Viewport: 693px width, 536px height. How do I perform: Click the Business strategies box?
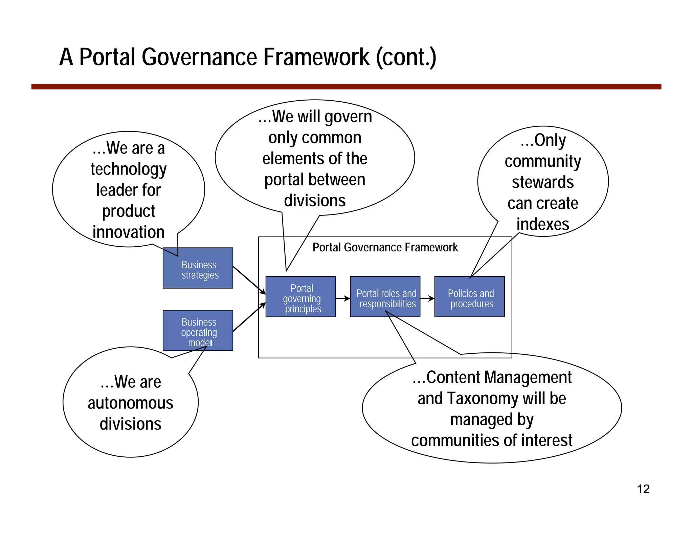point(198,268)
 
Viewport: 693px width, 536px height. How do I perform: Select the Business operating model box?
point(198,331)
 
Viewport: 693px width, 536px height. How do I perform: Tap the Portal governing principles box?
point(301,297)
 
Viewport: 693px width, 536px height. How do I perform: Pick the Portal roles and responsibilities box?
point(385,297)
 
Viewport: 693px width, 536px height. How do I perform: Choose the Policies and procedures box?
point(470,297)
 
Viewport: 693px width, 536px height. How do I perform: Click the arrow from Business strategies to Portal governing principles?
point(249,280)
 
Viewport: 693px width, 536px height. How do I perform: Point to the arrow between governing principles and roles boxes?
point(342,298)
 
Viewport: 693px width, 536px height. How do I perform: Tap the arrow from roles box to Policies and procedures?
point(427,298)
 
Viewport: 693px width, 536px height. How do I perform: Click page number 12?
point(643,489)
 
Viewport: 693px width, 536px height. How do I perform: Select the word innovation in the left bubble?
point(129,232)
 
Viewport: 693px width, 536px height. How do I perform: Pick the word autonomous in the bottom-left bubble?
point(131,403)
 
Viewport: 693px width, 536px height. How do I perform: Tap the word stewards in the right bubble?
point(543,182)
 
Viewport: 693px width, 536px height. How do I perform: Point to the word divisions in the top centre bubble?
point(315,201)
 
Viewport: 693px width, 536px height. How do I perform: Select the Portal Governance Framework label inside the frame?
point(385,248)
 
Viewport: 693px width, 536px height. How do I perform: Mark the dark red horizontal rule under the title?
point(346,87)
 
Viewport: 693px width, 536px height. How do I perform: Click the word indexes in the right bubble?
point(543,224)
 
